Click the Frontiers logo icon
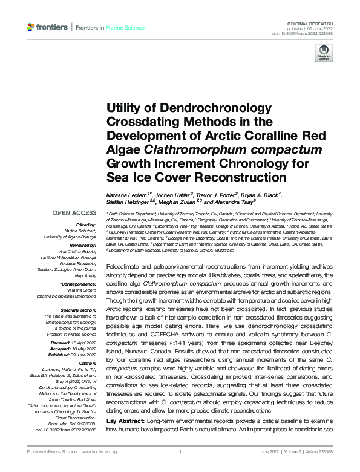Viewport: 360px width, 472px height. coord(31,28)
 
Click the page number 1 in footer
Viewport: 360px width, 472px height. coord(180,451)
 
